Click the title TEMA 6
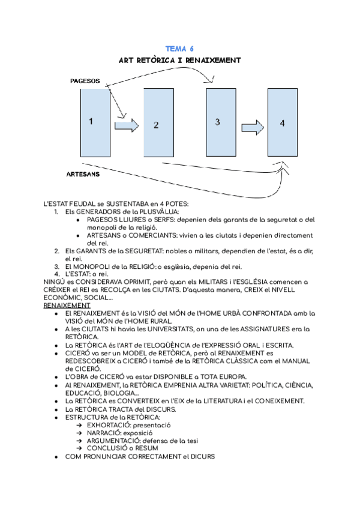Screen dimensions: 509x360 pyautogui.click(x=180, y=49)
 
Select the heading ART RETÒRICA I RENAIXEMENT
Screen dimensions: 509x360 pyautogui.click(x=180, y=60)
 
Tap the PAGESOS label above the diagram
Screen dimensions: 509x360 pyautogui.click(x=85, y=80)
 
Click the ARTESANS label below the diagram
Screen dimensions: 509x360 pyautogui.click(x=83, y=175)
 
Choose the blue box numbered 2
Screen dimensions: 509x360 pyautogui.click(x=156, y=124)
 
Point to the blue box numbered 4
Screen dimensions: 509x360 pyautogui.click(x=282, y=123)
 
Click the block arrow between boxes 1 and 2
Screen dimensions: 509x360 pyautogui.click(x=126, y=125)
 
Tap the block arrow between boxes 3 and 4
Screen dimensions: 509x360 pyautogui.click(x=253, y=127)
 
